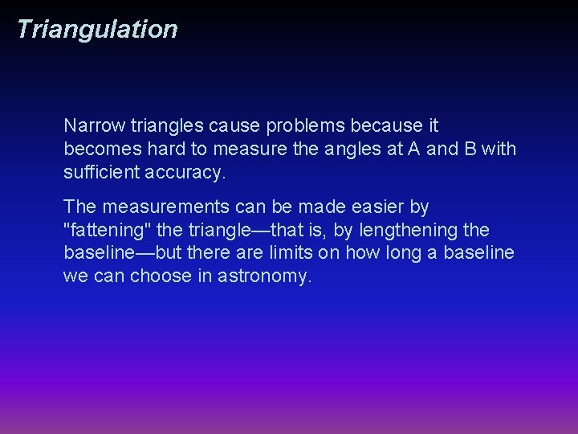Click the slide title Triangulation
click(96, 29)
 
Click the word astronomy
click(264, 276)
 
